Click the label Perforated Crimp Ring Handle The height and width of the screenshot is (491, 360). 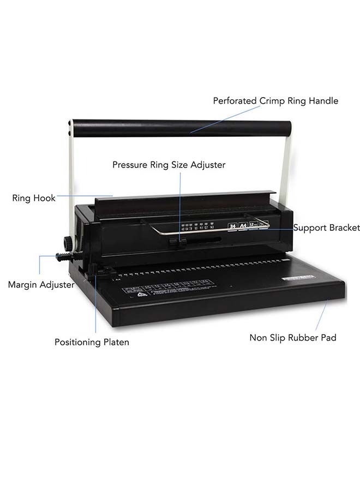coord(275,101)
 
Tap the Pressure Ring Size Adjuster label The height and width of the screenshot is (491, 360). coord(169,164)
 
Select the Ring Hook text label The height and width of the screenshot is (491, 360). coord(34,198)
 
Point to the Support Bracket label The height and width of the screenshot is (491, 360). coord(326,227)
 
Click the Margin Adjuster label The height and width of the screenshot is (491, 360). coord(41,285)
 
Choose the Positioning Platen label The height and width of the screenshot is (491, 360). coord(92,343)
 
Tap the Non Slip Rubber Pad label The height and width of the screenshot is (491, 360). coord(293,338)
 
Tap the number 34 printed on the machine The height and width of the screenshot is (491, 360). coord(232,226)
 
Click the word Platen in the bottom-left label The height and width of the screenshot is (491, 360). coord(116,343)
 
